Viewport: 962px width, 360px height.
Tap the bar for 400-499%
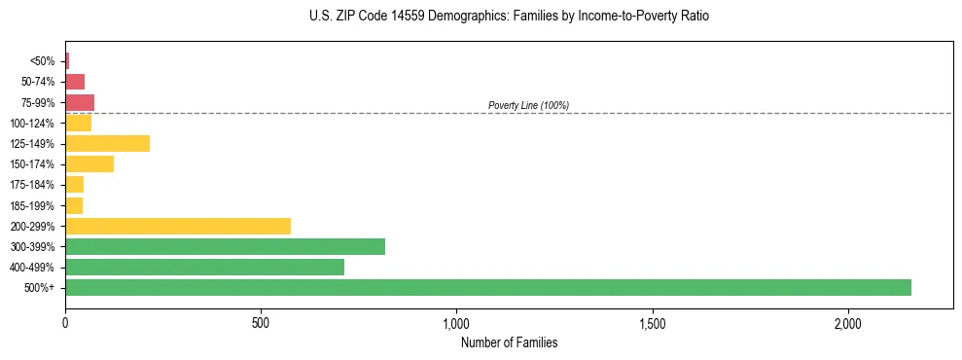click(x=204, y=267)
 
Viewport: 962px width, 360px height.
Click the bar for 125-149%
click(x=107, y=143)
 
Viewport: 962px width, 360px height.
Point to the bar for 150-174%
click(x=89, y=163)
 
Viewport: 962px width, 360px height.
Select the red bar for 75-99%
click(x=80, y=102)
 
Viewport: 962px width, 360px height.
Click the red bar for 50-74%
click(x=75, y=82)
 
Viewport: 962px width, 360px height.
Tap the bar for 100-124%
click(x=78, y=123)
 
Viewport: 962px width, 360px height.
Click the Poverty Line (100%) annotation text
click(x=528, y=105)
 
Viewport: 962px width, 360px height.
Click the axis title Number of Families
click(x=509, y=342)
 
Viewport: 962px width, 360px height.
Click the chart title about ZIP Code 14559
click(x=509, y=17)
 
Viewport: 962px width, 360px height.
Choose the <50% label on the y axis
click(x=43, y=61)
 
